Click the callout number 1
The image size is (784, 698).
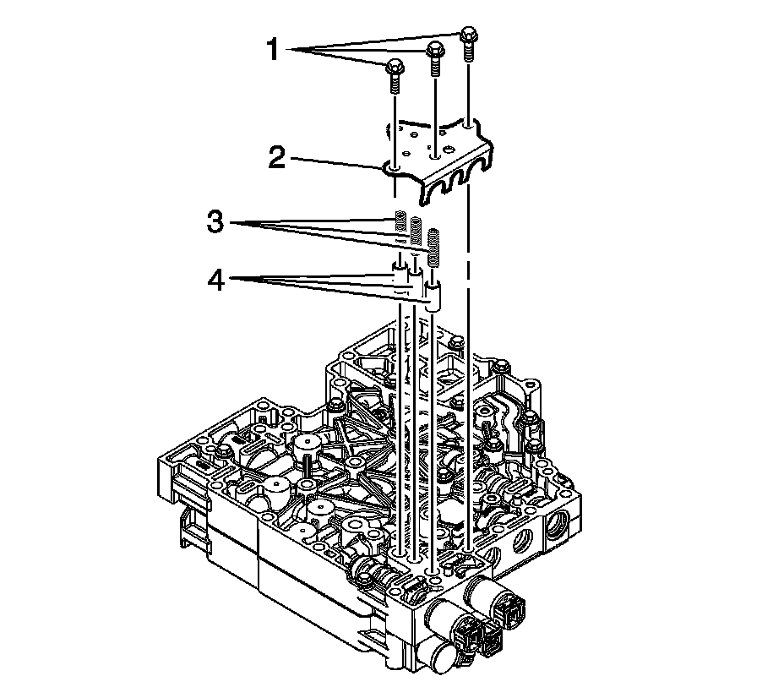[273, 51]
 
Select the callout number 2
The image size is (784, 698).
[276, 157]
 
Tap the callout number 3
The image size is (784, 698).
[215, 221]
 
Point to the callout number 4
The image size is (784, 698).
[216, 281]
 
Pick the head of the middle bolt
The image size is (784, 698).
[435, 49]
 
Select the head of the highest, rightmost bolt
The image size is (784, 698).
[469, 34]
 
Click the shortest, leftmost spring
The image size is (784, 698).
[400, 221]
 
